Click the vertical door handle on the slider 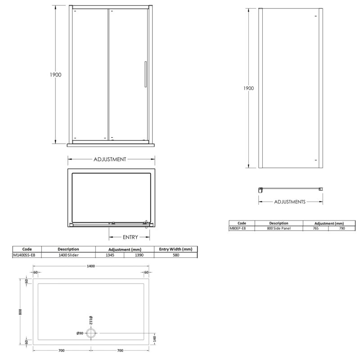[145, 74]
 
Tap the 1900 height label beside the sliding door [55, 75]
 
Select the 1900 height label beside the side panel [249, 88]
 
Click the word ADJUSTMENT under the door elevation [110, 159]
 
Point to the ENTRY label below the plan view [130, 237]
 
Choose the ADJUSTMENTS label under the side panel [290, 202]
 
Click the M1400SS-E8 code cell [24, 255]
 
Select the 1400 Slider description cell [68, 255]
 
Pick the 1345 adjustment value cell [110, 255]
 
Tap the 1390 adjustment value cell [139, 255]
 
